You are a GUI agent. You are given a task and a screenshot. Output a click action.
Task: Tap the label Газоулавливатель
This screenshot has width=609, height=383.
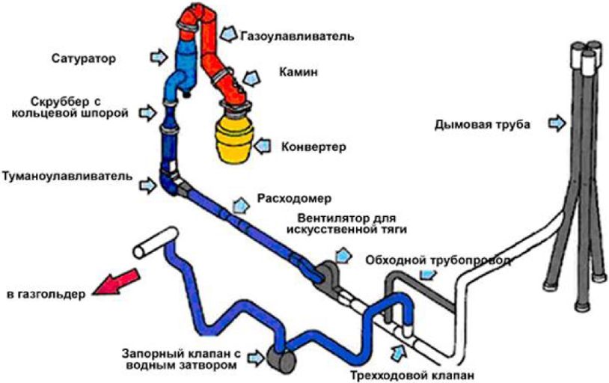tap(297, 36)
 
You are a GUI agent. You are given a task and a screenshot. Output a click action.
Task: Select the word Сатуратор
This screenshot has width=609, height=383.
tap(84, 58)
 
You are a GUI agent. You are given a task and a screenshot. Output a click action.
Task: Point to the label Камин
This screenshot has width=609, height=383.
tap(298, 72)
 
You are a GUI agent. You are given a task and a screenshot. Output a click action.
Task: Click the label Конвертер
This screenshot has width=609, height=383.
tap(313, 147)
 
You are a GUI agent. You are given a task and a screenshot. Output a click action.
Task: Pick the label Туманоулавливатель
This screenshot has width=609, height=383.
tap(67, 176)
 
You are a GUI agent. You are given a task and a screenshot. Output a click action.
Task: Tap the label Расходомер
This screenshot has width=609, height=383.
tap(295, 198)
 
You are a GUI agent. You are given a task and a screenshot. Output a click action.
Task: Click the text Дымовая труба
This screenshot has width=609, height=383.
tap(482, 125)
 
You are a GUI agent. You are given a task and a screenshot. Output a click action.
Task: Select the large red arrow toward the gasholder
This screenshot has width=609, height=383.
tap(116, 282)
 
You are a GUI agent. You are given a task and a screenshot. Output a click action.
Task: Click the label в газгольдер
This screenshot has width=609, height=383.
tap(46, 294)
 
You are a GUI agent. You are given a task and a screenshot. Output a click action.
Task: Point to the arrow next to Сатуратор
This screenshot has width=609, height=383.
tap(159, 58)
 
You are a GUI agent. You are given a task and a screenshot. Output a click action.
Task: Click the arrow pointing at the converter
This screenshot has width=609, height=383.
tap(263, 146)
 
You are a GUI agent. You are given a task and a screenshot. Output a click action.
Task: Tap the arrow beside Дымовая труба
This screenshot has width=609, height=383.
tap(557, 123)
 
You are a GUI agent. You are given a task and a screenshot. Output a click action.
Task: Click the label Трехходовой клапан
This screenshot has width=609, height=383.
tap(412, 376)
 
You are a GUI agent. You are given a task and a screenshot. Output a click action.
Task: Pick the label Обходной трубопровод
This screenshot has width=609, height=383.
tap(438, 260)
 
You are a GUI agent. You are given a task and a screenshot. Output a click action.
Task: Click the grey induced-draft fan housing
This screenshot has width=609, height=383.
tap(328, 278)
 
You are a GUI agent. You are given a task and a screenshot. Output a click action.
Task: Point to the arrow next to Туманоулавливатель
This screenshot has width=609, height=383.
tap(148, 185)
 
